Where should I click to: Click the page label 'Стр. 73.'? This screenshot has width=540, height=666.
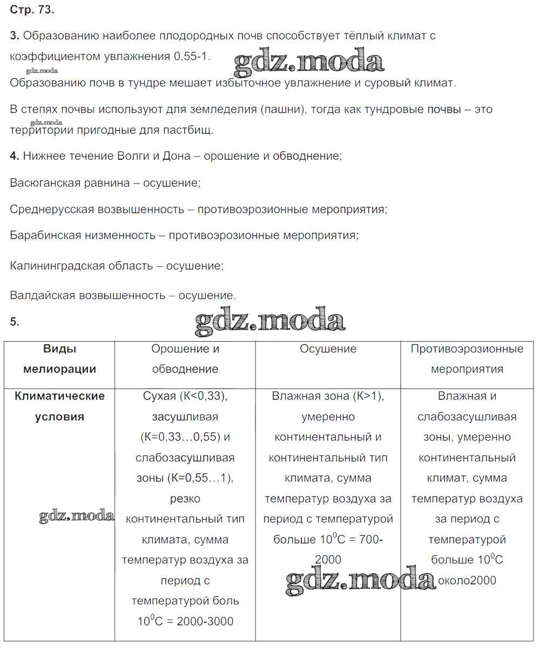tap(32, 10)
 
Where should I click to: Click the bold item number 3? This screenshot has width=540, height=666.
tap(14, 36)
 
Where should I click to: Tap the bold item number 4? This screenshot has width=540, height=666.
tap(14, 157)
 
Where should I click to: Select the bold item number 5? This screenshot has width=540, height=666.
tap(14, 322)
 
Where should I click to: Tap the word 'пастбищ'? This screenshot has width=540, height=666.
tap(189, 130)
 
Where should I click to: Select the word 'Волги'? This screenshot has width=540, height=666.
tap(133, 157)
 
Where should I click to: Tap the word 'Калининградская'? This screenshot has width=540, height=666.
tap(55, 266)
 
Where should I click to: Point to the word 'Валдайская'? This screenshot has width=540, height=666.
tap(42, 296)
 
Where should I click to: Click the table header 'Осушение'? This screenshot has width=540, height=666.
tap(328, 349)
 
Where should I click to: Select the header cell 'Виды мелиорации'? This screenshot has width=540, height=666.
tap(59, 359)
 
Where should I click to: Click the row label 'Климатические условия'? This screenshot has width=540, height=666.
tap(59, 406)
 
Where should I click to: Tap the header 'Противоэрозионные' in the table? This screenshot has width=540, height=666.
tap(467, 349)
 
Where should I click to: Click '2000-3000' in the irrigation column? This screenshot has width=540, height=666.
tap(205, 622)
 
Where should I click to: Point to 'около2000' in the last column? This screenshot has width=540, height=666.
tap(467, 581)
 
